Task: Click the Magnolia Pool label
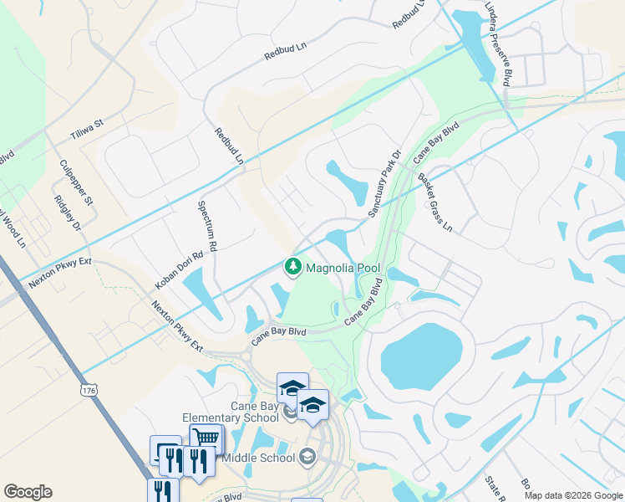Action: pos(343,269)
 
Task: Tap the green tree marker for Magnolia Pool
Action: pos(293,267)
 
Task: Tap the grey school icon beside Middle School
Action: pos(307,456)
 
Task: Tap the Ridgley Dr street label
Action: pos(68,214)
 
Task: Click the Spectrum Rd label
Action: pos(207,225)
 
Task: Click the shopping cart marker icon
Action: pos(206,438)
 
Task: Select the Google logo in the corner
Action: pos(28,492)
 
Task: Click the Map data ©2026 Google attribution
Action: pos(572,495)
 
